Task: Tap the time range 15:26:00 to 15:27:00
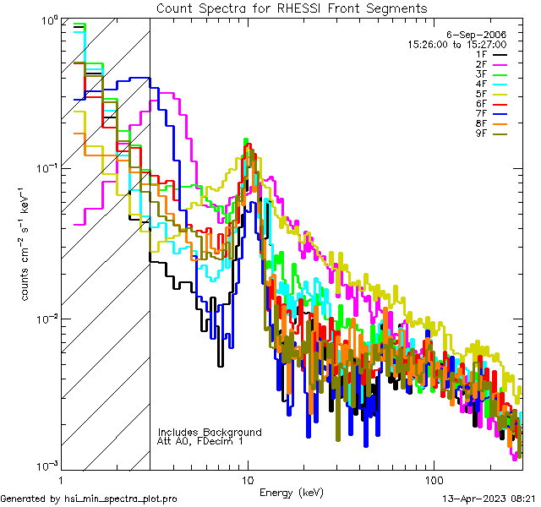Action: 457,44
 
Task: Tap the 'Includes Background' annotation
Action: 210,433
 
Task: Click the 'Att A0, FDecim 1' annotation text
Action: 200,441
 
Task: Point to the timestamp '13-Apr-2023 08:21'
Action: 488,499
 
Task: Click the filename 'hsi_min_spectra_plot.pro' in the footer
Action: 121,499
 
